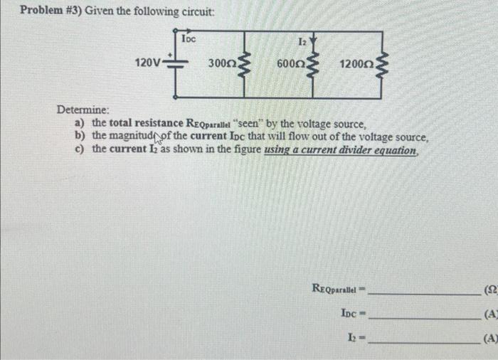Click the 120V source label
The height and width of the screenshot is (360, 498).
tap(148, 63)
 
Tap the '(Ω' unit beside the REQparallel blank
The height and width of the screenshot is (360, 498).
tap(490, 289)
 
